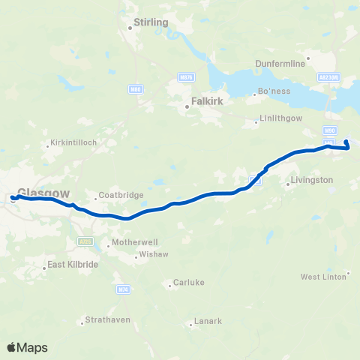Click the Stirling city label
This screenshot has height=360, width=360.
(150, 22)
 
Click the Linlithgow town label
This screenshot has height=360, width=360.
(282, 120)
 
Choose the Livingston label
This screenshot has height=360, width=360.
(311, 180)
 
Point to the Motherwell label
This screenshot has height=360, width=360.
(133, 243)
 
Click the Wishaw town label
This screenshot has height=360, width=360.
(150, 256)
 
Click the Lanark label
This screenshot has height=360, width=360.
(208, 322)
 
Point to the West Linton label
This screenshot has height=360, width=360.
(323, 277)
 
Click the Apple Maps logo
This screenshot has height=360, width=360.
(27, 347)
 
